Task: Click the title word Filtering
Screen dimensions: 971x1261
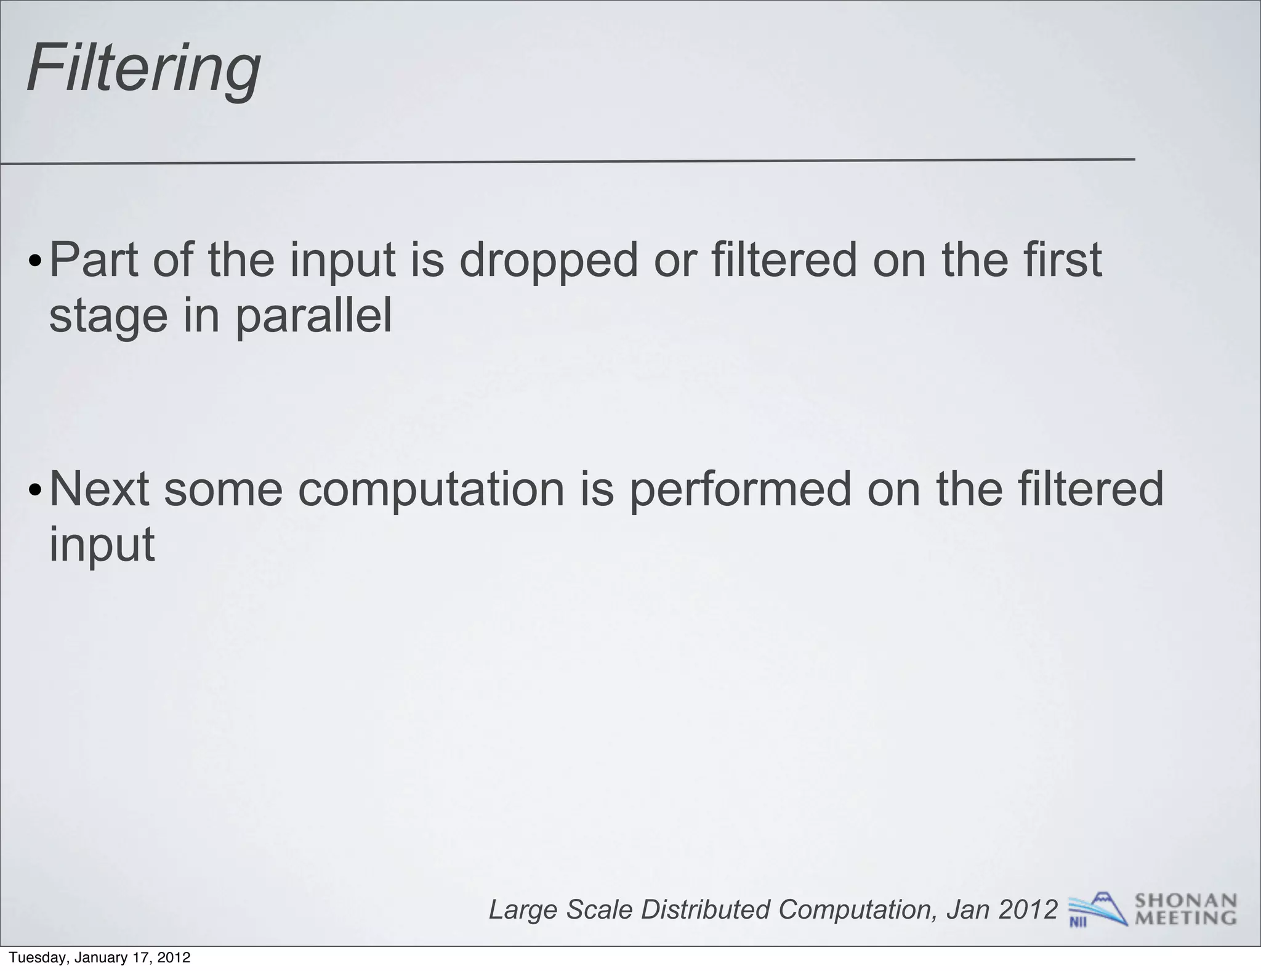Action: point(143,68)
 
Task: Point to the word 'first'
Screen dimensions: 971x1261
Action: point(1062,259)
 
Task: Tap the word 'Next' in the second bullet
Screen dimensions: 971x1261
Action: point(99,489)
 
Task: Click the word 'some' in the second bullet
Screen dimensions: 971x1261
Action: point(223,489)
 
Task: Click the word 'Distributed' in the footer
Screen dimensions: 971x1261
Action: point(706,909)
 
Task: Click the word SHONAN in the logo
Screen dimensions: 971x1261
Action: point(1185,901)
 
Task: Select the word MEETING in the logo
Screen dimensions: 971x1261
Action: point(1185,918)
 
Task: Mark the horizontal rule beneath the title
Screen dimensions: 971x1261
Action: point(566,161)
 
